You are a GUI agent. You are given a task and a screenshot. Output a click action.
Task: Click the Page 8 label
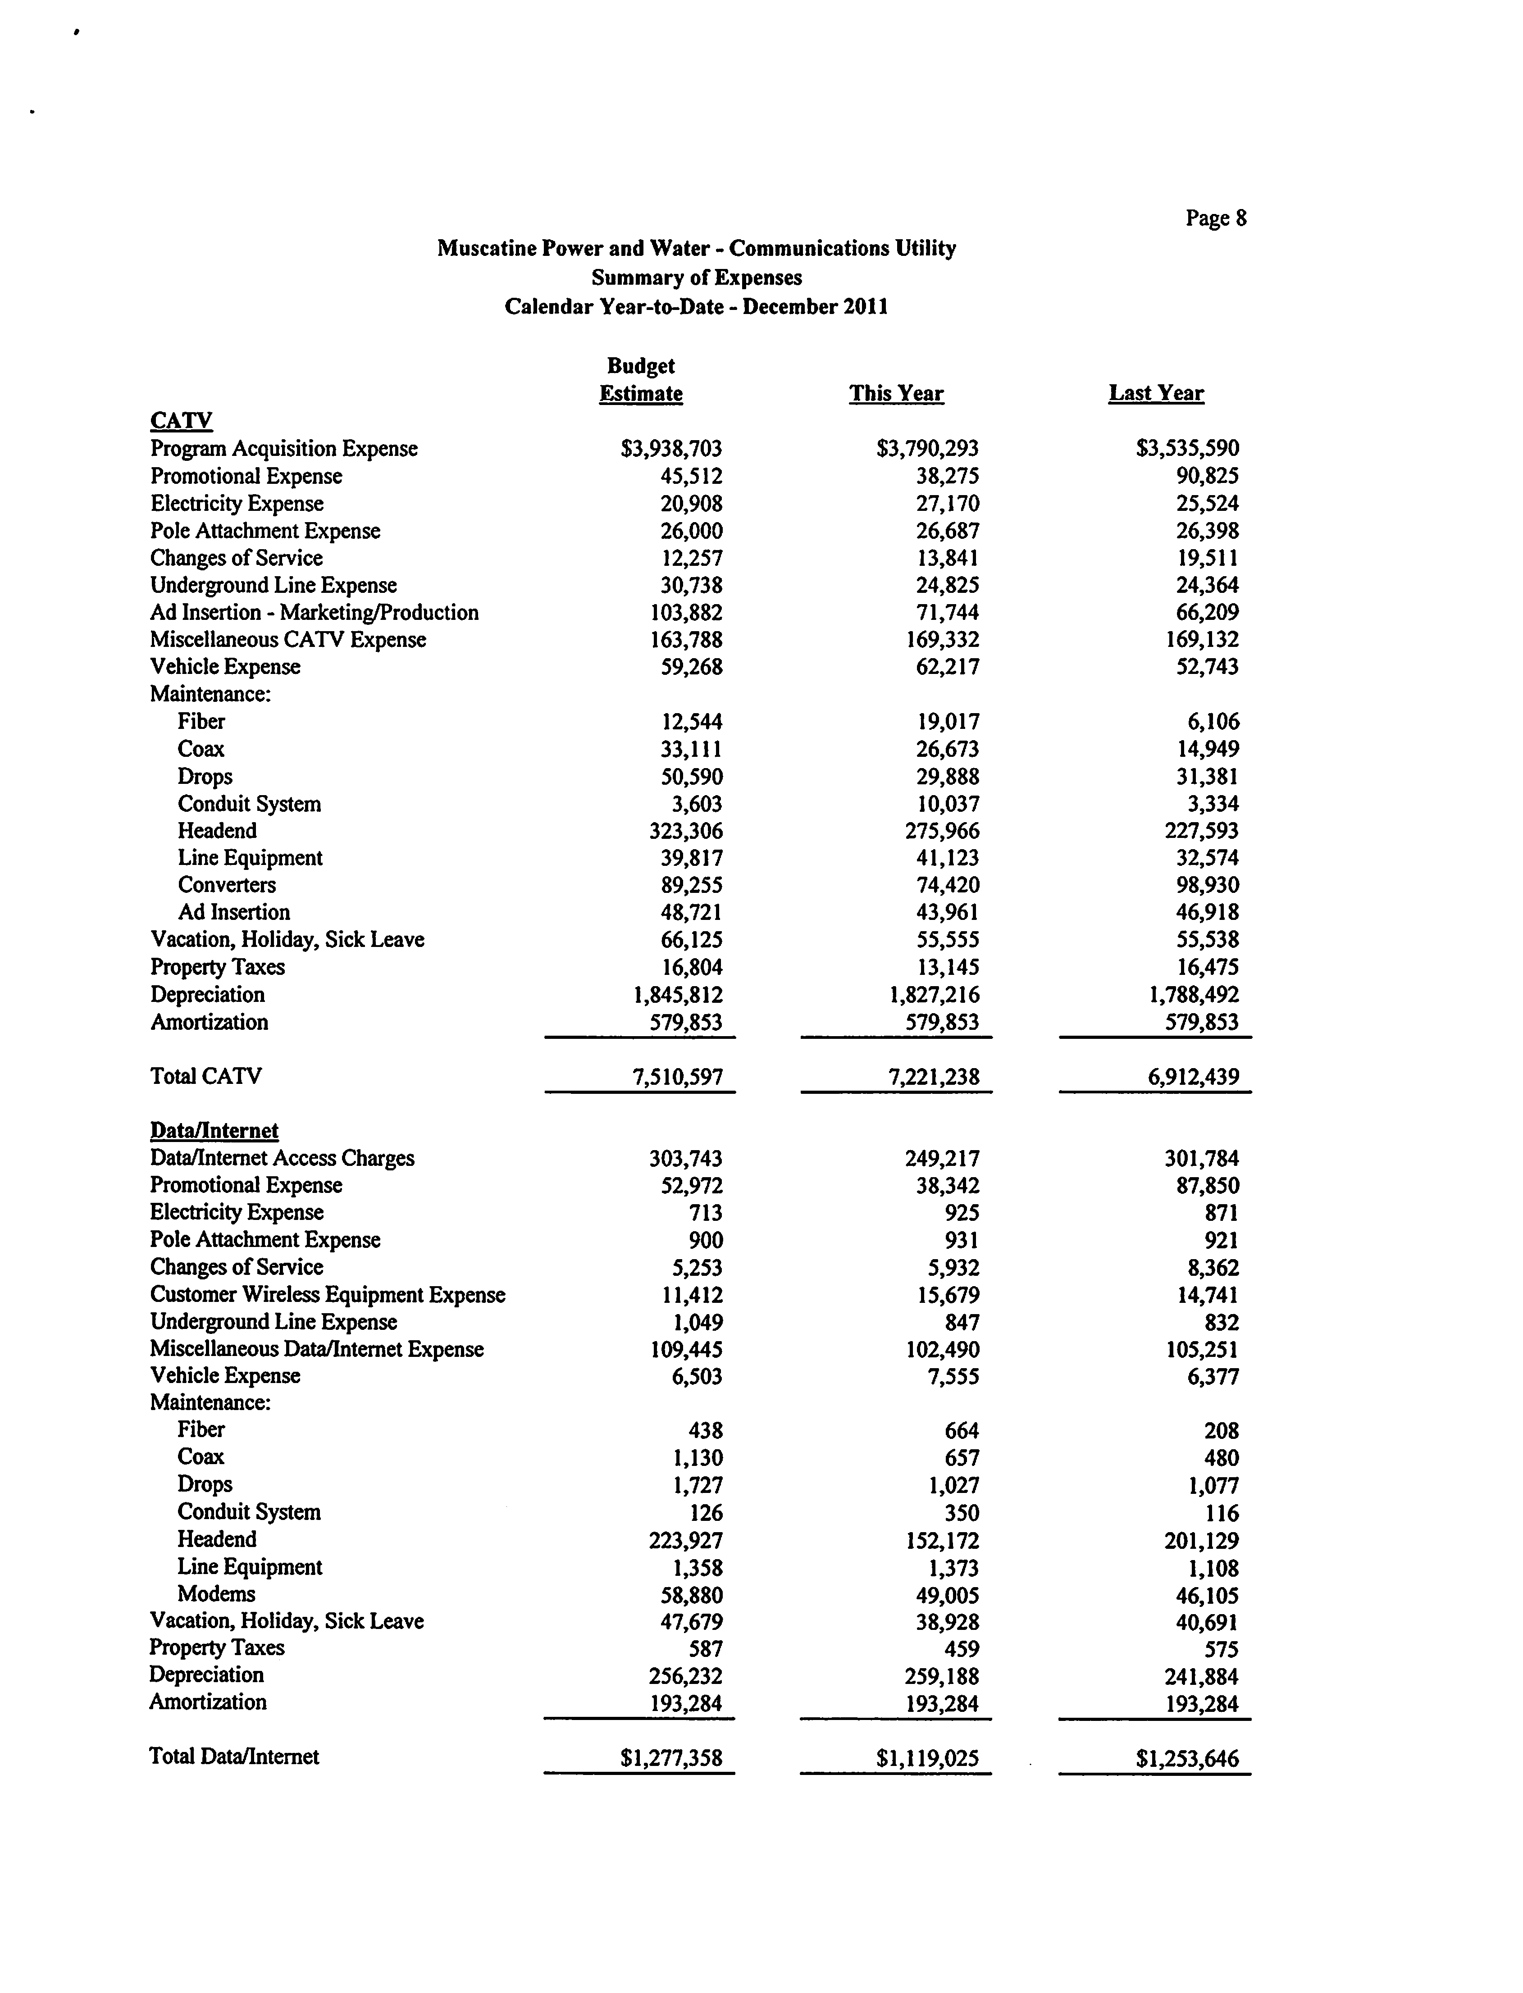point(1216,218)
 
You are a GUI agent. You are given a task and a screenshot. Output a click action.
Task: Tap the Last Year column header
point(1156,393)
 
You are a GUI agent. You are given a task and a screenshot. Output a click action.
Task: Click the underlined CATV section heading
point(181,420)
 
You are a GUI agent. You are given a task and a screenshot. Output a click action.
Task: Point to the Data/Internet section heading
point(214,1130)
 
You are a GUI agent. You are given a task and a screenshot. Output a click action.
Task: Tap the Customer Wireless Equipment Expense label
point(327,1294)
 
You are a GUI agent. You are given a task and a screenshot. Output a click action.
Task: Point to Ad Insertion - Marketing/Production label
point(314,613)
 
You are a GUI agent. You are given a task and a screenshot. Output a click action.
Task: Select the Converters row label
point(227,885)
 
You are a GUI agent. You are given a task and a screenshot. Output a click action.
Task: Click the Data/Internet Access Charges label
point(282,1158)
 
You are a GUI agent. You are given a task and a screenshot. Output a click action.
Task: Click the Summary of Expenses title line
point(696,278)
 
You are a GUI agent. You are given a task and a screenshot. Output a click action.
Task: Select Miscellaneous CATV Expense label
point(287,640)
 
